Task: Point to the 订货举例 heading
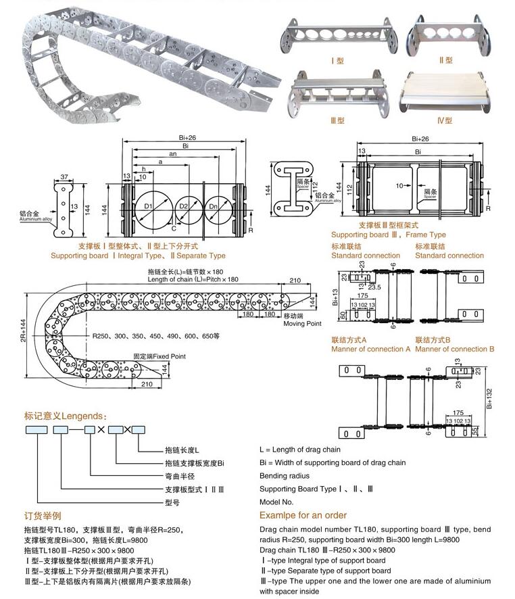[43, 516]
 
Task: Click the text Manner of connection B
[454, 349]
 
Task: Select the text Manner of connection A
[370, 349]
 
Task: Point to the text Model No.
[276, 502]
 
